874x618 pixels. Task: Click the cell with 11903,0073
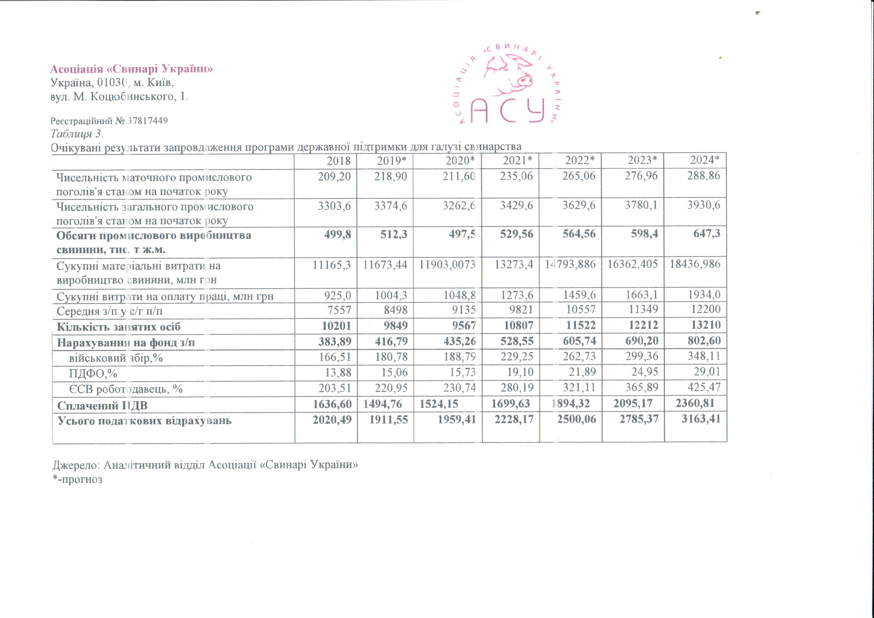pyautogui.click(x=447, y=264)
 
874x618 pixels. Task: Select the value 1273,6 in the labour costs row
pyautogui.click(x=517, y=295)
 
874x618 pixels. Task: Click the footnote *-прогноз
pyautogui.click(x=78, y=479)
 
